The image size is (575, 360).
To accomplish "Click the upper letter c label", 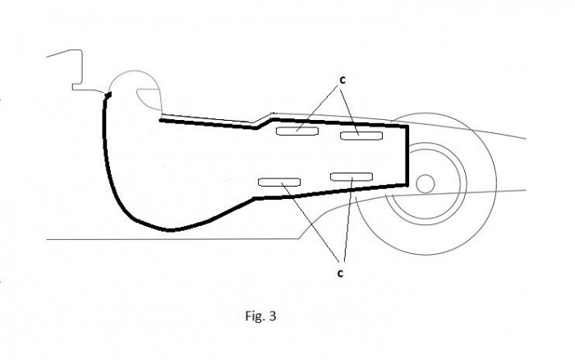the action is [x=343, y=81].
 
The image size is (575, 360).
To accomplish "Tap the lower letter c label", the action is [x=340, y=274].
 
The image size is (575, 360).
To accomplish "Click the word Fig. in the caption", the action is [x=255, y=316].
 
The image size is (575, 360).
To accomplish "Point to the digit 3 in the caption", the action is [x=272, y=316].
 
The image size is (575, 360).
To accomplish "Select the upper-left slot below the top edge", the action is [x=297, y=131].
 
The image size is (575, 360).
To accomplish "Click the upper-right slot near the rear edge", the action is [x=361, y=136].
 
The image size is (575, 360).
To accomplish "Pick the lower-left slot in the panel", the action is [x=279, y=182].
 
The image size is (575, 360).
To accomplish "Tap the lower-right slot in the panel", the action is [x=352, y=177].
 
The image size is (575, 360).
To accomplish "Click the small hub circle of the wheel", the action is [x=425, y=184].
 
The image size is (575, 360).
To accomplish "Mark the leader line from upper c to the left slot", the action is [x=317, y=108].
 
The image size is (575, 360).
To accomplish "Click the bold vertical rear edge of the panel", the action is [x=407, y=156].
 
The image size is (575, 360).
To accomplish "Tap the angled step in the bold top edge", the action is [x=264, y=123].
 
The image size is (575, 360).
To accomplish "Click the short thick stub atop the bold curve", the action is [x=108, y=96].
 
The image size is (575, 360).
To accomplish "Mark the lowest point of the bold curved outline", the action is [x=169, y=230].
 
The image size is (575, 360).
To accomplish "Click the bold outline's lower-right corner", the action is [x=407, y=185].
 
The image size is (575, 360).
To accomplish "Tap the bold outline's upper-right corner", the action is [x=407, y=127].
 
